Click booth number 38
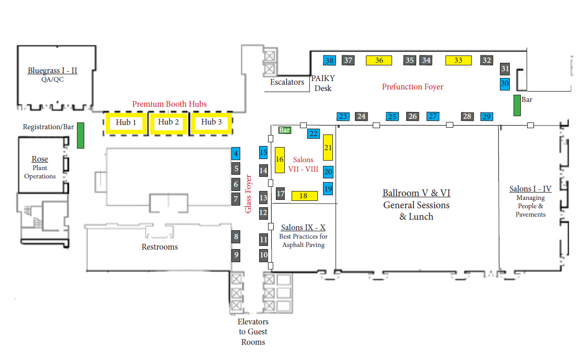point(329,60)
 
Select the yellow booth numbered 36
point(380,60)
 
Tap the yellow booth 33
point(459,60)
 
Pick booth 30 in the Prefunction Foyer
point(505,83)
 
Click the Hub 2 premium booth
point(169,122)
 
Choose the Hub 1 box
point(126,123)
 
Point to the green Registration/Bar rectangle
point(81,136)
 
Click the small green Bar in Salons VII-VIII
point(285,130)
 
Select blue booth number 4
point(236,154)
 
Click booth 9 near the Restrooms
point(236,255)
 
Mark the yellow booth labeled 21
point(328,148)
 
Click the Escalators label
point(287,82)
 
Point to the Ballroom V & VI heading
point(416,193)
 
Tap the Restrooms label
point(160,247)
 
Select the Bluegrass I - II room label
point(52,71)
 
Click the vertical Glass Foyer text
point(249,194)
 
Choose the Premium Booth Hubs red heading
point(169,104)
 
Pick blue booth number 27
point(433,116)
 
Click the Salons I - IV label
point(530,189)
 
